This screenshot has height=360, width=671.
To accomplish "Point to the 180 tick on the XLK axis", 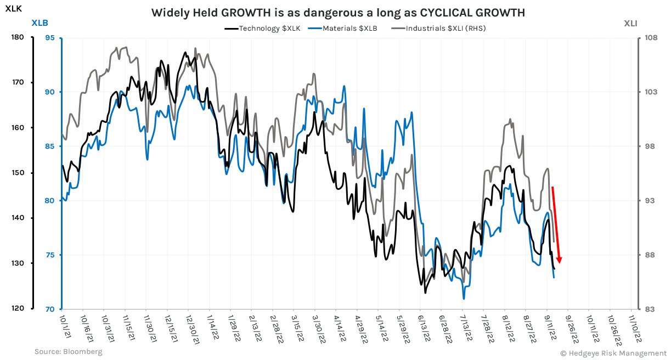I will [18, 37].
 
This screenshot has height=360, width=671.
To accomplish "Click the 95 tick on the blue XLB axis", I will [50, 37].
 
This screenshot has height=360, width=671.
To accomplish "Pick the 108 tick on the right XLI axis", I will [651, 37].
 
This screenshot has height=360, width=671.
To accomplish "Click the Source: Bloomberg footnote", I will [68, 351].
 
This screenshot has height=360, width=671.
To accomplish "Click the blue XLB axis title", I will [40, 23].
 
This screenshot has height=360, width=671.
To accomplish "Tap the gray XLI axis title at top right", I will [630, 23].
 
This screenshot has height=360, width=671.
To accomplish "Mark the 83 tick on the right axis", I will [650, 308].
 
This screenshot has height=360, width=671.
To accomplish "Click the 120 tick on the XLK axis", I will [18, 308].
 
